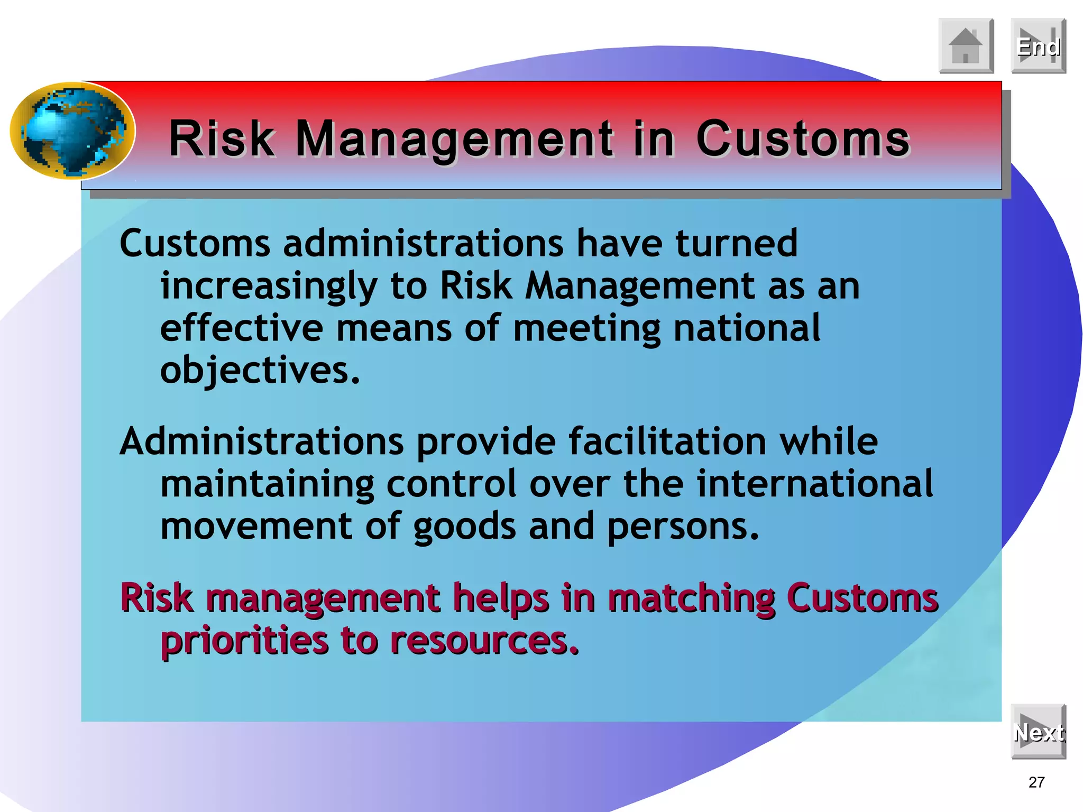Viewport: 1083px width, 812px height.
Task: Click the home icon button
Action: [x=966, y=45]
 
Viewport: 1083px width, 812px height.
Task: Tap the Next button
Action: [x=1038, y=732]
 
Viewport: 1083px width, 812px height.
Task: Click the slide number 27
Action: [x=1036, y=782]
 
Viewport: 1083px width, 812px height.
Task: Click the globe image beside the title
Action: [x=73, y=131]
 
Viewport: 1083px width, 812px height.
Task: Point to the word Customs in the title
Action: [x=803, y=139]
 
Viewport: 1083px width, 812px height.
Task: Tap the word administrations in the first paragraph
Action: [x=423, y=244]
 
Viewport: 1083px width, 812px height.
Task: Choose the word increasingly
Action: [x=269, y=287]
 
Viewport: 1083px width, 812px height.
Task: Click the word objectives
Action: [x=260, y=371]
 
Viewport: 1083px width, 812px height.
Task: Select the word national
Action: [x=746, y=328]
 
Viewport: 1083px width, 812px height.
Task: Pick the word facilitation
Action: [x=667, y=441]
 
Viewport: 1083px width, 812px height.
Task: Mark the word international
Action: [x=814, y=484]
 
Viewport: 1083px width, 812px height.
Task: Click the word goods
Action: [x=464, y=527]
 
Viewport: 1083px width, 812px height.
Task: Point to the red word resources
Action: [x=484, y=641]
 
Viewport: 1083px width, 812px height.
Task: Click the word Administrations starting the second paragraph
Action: [x=261, y=441]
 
